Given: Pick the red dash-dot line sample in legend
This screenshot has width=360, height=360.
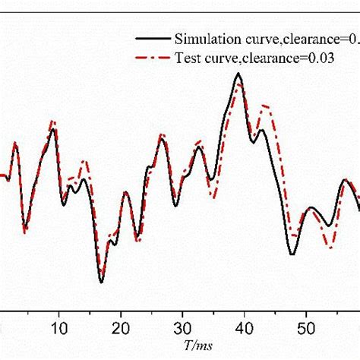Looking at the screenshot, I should pos(152,58).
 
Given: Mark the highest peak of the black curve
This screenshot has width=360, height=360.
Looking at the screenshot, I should pos(238,74).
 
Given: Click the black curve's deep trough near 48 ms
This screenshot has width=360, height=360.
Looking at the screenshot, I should pos(292,254).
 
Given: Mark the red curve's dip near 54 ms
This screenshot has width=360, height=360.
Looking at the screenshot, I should pos(330,247).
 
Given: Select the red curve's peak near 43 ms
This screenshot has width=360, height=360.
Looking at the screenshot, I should pos(264,106).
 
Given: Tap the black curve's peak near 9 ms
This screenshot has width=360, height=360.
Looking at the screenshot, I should pos(53,129).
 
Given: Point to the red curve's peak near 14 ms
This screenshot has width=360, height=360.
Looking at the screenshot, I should pos(84,161).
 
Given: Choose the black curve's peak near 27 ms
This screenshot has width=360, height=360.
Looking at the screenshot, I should pos(162,138).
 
